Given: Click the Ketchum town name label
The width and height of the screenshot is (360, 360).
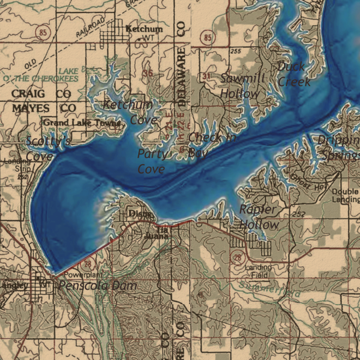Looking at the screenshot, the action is click(x=144, y=28).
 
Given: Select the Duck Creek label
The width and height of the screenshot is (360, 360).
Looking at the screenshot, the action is click(x=293, y=74).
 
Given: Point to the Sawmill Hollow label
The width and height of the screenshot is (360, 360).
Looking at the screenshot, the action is click(x=242, y=86).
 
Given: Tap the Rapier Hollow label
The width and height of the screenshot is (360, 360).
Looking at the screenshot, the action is click(x=259, y=217).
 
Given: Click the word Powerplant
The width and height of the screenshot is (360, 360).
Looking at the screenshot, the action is click(x=83, y=274).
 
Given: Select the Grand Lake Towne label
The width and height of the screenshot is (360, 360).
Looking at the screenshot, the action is click(x=81, y=123).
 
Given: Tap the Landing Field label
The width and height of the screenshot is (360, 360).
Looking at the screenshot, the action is click(x=258, y=271).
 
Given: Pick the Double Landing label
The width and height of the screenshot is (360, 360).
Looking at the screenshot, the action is click(x=345, y=195).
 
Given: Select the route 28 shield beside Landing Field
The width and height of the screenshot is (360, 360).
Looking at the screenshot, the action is click(x=237, y=256).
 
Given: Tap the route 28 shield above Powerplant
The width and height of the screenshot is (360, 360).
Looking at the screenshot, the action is click(x=87, y=264).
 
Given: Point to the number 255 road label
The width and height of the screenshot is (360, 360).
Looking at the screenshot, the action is click(x=236, y=51).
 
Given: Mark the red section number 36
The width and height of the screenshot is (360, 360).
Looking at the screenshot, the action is click(x=148, y=73).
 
